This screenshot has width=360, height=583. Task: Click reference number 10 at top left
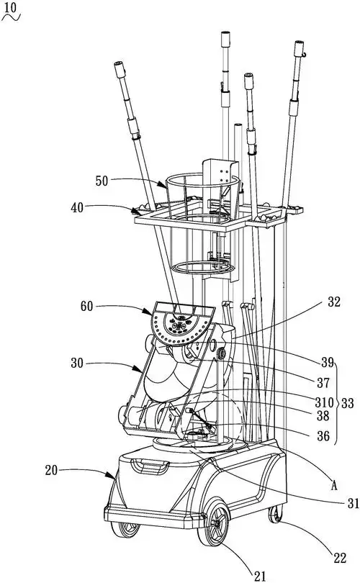tap(10, 7)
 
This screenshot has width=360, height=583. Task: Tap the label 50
tap(102, 181)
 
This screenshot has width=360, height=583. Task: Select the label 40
tap(77, 207)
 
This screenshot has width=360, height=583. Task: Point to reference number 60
tap(86, 307)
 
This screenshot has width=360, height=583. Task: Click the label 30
tap(77, 363)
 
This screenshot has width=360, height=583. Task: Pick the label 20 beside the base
tap(51, 470)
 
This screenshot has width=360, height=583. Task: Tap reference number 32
tap(334, 302)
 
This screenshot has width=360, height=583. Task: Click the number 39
tap(328, 363)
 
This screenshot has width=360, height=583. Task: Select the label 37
tap(323, 383)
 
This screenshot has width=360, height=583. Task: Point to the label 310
tap(323, 402)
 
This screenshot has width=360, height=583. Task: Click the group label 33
tap(347, 403)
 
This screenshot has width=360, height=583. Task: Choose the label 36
tap(323, 435)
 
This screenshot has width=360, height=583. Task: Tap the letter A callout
tap(334, 485)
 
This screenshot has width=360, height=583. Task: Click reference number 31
tap(354, 503)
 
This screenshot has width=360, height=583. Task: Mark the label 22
tap(340, 558)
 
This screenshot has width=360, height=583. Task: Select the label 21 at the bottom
tap(260, 577)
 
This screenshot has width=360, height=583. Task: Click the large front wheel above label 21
tap(213, 524)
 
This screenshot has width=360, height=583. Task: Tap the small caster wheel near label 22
tap(275, 514)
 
